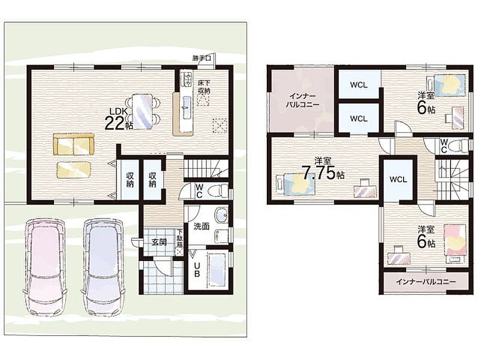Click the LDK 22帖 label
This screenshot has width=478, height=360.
(119, 119)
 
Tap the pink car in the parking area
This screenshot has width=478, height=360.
(44, 265)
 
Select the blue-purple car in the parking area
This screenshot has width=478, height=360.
(104, 265)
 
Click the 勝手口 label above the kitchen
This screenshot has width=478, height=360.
(202, 58)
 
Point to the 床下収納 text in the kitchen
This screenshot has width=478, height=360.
(203, 86)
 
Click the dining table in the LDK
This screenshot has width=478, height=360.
(142, 112)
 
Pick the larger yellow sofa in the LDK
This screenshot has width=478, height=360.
(74, 145)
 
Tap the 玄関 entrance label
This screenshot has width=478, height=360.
(159, 242)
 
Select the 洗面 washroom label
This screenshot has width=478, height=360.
(202, 226)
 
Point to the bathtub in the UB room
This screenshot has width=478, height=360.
(217, 269)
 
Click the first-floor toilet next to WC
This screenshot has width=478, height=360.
(217, 191)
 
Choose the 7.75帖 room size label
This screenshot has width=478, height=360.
(323, 173)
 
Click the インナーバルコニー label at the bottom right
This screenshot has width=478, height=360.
(426, 281)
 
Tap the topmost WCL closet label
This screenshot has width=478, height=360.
(359, 85)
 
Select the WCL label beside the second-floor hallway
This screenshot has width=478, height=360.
(398, 179)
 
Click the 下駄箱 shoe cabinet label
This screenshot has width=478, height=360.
(179, 240)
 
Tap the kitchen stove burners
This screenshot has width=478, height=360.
(186, 79)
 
